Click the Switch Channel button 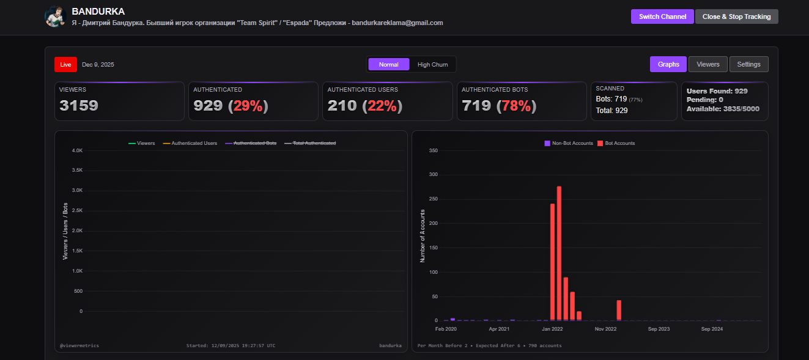tap(662, 17)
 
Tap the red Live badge tap(65, 65)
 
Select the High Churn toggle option tap(432, 65)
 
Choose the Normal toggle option tap(388, 65)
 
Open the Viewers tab tap(708, 64)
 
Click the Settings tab tap(748, 64)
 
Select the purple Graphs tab tap(668, 64)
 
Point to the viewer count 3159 tap(79, 106)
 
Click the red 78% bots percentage tap(516, 106)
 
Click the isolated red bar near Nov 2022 tap(619, 310)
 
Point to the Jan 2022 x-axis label tap(552, 329)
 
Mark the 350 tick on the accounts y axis tap(433, 150)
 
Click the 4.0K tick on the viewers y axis tap(77, 150)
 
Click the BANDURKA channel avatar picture tap(55, 17)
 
